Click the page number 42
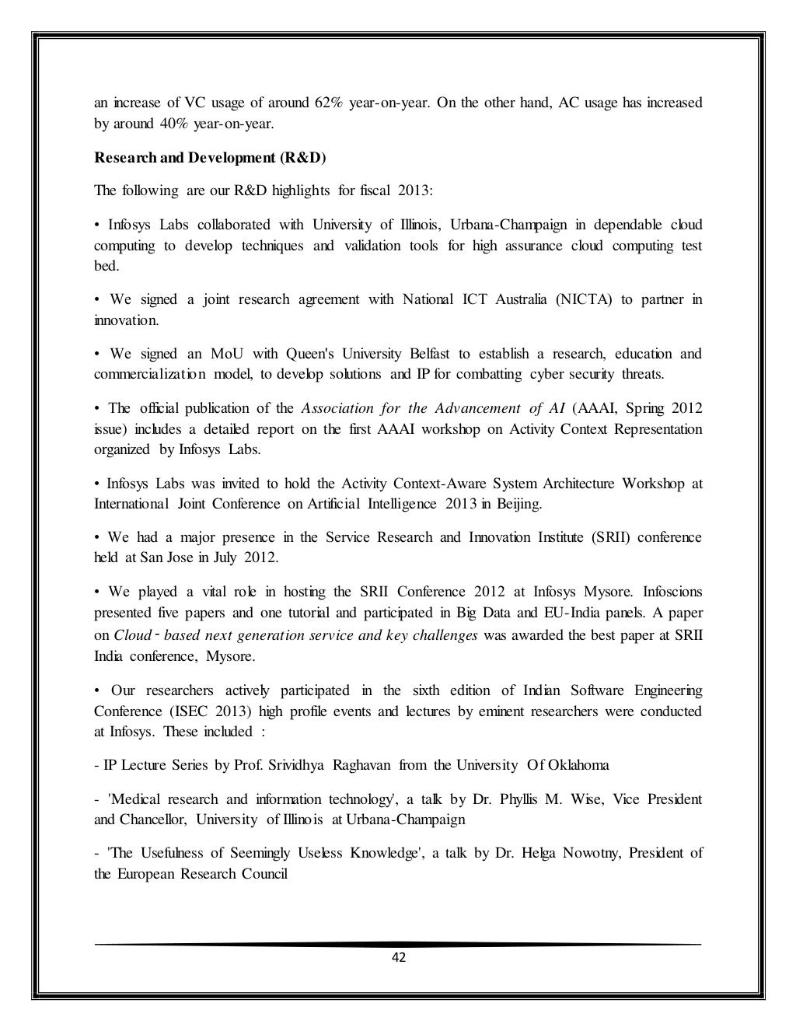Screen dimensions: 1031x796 pos(398,957)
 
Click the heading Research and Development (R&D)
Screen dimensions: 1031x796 pos(211,158)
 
